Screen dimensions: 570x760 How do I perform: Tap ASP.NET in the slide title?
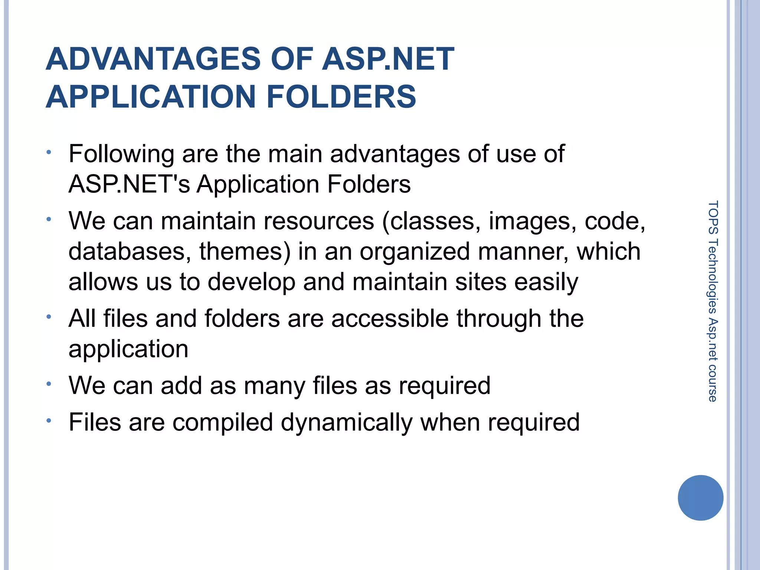pyautogui.click(x=388, y=59)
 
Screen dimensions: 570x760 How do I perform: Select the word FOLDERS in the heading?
pyautogui.click(x=341, y=97)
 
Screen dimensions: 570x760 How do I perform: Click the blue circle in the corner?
pyautogui.click(x=700, y=498)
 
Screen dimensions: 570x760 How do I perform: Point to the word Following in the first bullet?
pyautogui.click(x=121, y=154)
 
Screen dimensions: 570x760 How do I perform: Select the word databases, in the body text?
pyautogui.click(x=130, y=252)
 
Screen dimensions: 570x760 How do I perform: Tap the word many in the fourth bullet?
pyautogui.click(x=274, y=386)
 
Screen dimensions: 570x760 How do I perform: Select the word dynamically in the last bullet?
pyautogui.click(x=346, y=423)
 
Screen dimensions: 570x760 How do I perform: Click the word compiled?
pyautogui.click(x=223, y=423)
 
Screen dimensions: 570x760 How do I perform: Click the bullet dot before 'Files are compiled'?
pyautogui.click(x=49, y=421)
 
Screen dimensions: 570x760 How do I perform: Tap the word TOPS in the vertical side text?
pyautogui.click(x=712, y=217)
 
